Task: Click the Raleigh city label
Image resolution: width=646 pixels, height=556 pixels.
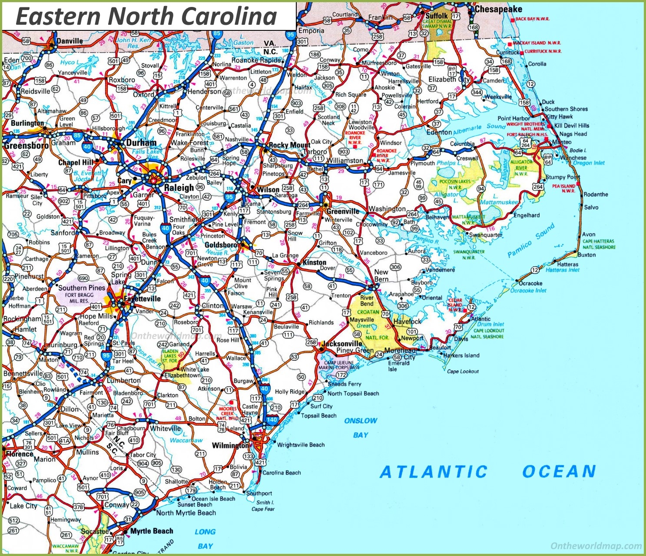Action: tap(179, 188)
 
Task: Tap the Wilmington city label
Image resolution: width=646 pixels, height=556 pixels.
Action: tap(230, 445)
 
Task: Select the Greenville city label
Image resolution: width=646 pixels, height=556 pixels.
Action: tap(343, 211)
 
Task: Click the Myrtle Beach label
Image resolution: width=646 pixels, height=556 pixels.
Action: tap(152, 531)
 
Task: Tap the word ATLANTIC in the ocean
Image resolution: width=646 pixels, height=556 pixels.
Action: tap(434, 472)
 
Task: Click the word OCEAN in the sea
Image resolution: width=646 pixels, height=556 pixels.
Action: tap(559, 471)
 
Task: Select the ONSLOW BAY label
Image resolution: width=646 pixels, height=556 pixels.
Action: tap(361, 428)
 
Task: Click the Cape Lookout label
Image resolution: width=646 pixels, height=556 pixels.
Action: tap(463, 371)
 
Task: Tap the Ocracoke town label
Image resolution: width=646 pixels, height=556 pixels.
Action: tap(530, 283)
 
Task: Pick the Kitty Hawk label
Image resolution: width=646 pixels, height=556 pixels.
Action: tap(559, 116)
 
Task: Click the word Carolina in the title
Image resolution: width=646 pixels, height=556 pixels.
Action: tap(229, 16)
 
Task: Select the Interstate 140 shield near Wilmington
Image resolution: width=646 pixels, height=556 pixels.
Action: tap(272, 420)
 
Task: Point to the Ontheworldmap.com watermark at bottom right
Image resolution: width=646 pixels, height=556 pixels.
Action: tap(596, 546)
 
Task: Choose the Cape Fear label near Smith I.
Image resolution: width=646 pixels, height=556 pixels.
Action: tap(263, 509)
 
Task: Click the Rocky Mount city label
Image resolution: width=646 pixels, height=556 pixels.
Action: tap(289, 145)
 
